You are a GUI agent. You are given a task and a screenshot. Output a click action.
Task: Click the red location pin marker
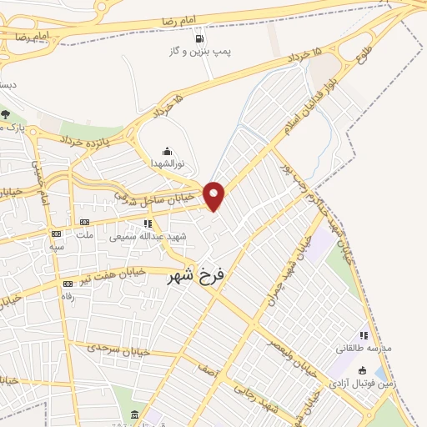point(214,195)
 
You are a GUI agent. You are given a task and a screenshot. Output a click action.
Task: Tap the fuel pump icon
point(198,38)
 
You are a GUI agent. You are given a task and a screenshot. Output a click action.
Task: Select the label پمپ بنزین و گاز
point(198,52)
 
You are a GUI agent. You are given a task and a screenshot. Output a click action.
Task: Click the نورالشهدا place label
point(167,164)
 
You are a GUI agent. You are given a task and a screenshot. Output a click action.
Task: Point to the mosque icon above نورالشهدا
point(167,152)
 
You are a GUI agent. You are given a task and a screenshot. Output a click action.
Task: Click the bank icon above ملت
point(84,222)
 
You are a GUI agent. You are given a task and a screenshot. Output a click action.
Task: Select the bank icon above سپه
point(56,234)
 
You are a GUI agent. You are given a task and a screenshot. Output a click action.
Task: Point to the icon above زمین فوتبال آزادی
point(361,371)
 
